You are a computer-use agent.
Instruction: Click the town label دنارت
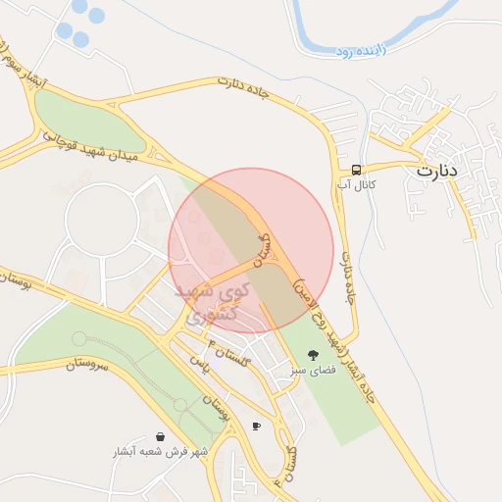[437, 170]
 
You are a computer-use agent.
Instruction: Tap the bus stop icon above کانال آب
[356, 169]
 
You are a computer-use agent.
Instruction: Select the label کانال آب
[356, 183]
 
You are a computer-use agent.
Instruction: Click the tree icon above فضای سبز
[313, 355]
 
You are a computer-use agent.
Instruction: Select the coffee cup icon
[257, 426]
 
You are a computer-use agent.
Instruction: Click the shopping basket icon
[160, 436]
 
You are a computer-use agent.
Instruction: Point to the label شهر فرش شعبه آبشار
[160, 452]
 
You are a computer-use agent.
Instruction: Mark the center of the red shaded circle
[251, 250]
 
